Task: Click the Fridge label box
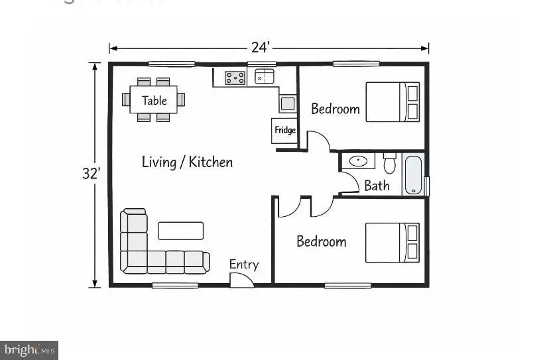[285, 130]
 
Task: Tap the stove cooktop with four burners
[235, 78]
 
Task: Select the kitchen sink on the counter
[265, 77]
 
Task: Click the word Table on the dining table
[154, 101]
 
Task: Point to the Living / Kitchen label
[187, 162]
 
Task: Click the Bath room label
[377, 186]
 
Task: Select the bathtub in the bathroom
[413, 174]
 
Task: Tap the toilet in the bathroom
[389, 162]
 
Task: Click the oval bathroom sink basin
[359, 161]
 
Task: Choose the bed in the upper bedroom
[393, 101]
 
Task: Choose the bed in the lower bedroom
[393, 243]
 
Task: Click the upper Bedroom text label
[335, 109]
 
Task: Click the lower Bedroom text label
[321, 241]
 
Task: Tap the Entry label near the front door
[243, 265]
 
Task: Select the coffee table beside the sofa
[180, 231]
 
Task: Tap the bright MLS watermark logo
[29, 350]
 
